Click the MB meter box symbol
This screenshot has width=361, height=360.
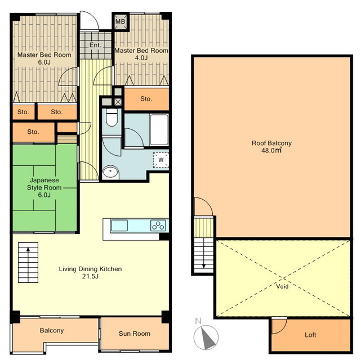pos(120,21)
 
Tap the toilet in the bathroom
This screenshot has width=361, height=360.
pos(112,117)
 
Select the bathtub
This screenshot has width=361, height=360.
pos(159,129)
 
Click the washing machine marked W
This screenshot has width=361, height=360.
pos(161,160)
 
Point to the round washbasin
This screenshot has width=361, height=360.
pos(110,172)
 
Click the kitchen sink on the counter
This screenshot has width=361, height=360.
pos(119,226)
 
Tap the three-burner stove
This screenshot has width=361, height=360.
pos(158,226)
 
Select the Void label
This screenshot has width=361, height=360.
pos(282,286)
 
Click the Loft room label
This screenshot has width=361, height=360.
pos(310,335)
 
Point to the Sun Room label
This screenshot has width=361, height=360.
pos(135,334)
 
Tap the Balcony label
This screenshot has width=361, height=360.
pos(52,330)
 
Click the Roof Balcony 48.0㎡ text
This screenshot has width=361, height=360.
pos(271,147)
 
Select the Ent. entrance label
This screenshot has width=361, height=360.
pos(95,45)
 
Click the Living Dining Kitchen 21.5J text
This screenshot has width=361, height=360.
pos(90,272)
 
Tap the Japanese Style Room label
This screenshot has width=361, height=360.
pos(44,187)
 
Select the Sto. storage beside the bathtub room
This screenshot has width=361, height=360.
pos(146,99)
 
